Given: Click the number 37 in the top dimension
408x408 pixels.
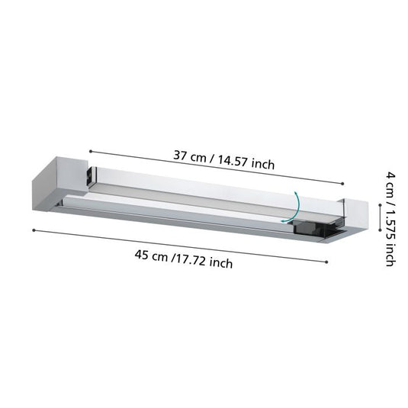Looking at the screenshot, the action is click(x=180, y=156).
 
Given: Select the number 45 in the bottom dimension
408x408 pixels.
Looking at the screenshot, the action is click(x=142, y=255).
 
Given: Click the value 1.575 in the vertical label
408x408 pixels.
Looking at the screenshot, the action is click(x=390, y=224).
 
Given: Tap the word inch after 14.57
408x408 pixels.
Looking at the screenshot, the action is click(x=263, y=165).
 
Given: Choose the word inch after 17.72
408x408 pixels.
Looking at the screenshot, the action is click(x=221, y=263).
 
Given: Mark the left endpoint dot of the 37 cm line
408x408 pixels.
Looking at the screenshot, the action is click(x=91, y=151).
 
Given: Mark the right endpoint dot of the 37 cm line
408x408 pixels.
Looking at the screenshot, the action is click(x=342, y=184).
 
